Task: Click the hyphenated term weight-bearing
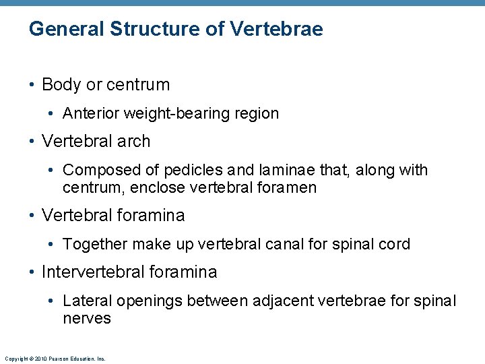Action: tap(174, 114)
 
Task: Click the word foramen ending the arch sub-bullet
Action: tap(286, 188)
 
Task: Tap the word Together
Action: tap(95, 244)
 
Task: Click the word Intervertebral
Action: tap(92, 272)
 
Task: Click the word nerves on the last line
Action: tap(86, 318)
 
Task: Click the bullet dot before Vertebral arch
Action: tap(32, 142)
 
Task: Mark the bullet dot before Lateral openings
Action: tap(54, 301)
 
